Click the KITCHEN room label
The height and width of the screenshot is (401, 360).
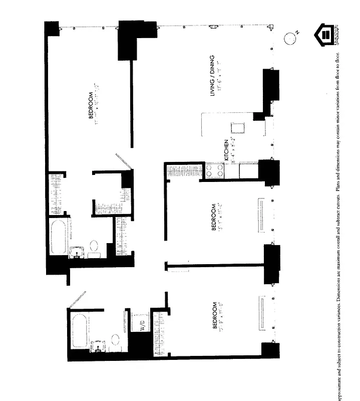click(x=226, y=150)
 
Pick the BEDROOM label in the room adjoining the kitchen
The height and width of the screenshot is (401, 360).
click(x=214, y=217)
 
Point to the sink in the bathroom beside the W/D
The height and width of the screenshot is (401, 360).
click(x=97, y=345)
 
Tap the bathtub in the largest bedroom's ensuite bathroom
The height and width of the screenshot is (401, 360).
click(x=59, y=236)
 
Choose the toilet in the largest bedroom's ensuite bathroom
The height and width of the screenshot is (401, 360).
click(x=94, y=247)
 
